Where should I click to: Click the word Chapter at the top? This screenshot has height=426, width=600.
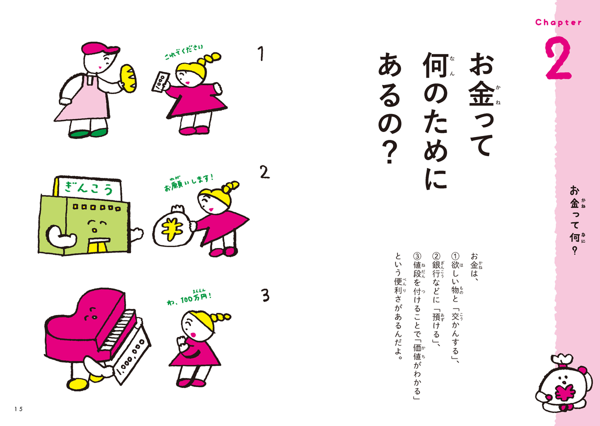tap(558, 22)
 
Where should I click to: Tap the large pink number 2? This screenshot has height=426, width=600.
tap(559, 58)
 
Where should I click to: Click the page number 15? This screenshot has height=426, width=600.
tap(19, 409)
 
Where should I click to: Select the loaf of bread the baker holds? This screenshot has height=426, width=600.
tap(128, 79)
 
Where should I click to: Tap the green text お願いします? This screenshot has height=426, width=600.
tap(189, 182)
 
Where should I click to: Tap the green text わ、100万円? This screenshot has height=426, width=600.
tap(189, 299)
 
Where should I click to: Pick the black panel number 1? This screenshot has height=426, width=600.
tap(261, 53)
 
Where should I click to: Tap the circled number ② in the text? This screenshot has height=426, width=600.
tap(436, 256)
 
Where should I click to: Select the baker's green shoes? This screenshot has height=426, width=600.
tap(88, 133)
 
